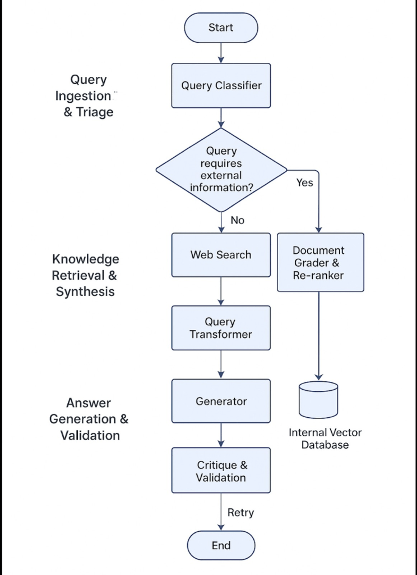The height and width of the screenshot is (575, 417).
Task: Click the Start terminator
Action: point(221,28)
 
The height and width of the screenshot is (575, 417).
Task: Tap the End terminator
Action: point(221,545)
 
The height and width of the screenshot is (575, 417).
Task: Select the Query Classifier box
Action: point(221,86)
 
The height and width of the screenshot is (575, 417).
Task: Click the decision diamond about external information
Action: point(221,169)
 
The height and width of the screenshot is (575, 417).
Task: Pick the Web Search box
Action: point(221,255)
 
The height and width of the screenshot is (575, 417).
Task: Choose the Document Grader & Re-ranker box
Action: point(320,262)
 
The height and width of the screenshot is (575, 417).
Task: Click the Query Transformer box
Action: point(221,328)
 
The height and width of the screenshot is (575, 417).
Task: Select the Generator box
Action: point(221,401)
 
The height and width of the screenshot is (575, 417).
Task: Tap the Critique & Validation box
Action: point(221,471)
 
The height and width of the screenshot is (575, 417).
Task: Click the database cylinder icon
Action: point(319,400)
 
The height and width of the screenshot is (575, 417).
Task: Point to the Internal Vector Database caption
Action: point(325,439)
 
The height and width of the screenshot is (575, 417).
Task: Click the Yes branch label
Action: point(304,182)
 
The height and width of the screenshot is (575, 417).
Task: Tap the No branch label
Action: point(238,220)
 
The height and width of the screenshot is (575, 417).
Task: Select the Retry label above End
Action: point(240,512)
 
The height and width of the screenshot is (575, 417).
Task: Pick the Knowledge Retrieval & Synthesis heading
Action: point(85,275)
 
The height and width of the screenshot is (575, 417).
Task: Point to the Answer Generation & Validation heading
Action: point(89,419)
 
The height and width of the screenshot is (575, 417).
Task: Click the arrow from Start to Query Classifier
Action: point(221,52)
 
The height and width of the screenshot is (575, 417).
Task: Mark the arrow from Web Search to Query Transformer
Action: point(221,291)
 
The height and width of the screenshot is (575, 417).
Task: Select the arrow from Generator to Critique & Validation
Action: point(221,435)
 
